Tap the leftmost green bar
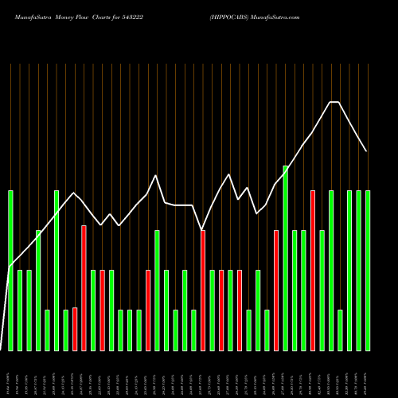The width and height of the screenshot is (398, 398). tap(10, 270)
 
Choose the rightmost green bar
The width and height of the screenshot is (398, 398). tap(368, 270)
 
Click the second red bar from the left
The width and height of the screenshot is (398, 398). tap(84, 287)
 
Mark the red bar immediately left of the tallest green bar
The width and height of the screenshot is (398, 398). tap(276, 290)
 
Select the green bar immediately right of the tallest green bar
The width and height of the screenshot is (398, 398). tap(295, 290)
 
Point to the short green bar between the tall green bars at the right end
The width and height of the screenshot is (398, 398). tap(340, 330)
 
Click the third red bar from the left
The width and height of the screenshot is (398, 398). tap(102, 310)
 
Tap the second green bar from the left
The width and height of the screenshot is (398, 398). tap(20, 310)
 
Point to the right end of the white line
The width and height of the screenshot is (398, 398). tap(366, 150)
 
